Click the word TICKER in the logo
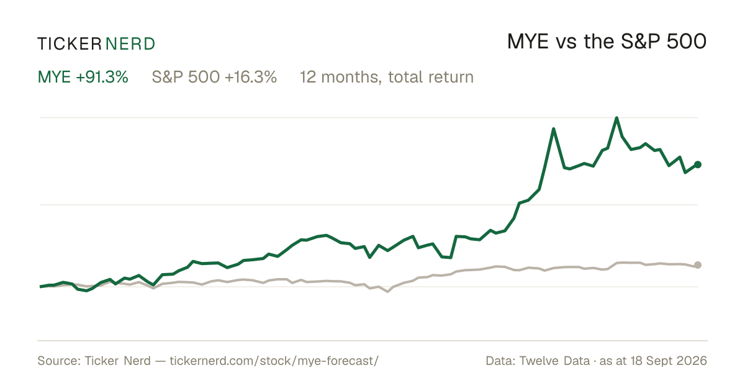pyautogui.click(x=69, y=44)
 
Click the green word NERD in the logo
pyautogui.click(x=130, y=44)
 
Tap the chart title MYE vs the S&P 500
pyautogui.click(x=607, y=42)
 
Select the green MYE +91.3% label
pyautogui.click(x=83, y=77)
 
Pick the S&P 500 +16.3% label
pyautogui.click(x=214, y=77)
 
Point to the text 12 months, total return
pyautogui.click(x=386, y=77)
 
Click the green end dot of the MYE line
pyautogui.click(x=698, y=164)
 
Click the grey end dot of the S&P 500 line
pyautogui.click(x=698, y=265)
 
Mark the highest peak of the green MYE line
pyautogui.click(x=616, y=118)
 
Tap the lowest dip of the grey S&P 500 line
pyautogui.click(x=387, y=292)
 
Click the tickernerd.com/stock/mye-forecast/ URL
pyautogui.click(x=274, y=361)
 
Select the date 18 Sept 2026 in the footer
pyautogui.click(x=669, y=361)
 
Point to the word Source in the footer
pyautogui.click(x=57, y=361)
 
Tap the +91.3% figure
pyautogui.click(x=102, y=77)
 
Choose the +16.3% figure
pyautogui.click(x=251, y=77)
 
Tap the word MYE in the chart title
pyautogui.click(x=528, y=42)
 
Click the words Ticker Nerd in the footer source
pyautogui.click(x=117, y=361)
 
